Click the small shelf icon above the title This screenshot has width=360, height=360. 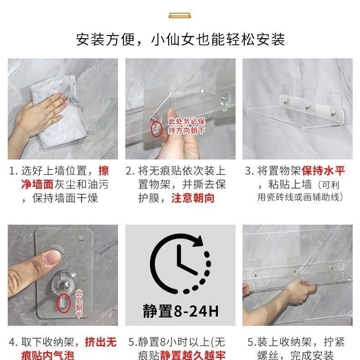(180, 15)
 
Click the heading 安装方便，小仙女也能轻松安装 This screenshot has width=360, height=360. (180, 40)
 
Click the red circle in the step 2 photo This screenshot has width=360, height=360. (156, 129)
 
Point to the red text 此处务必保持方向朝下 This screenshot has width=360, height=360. (186, 126)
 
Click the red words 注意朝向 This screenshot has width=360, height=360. (193, 198)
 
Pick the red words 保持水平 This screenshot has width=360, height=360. (323, 170)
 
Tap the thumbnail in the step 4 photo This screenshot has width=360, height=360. (53, 257)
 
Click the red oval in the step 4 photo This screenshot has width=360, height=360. (64, 303)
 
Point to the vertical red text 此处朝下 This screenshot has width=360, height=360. (79, 304)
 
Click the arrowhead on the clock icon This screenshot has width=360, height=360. (198, 242)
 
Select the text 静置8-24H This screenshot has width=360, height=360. (181, 311)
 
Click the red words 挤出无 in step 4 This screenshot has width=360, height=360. (101, 342)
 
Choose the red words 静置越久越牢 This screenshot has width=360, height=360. (193, 355)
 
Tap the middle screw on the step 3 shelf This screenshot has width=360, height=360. (308, 108)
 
